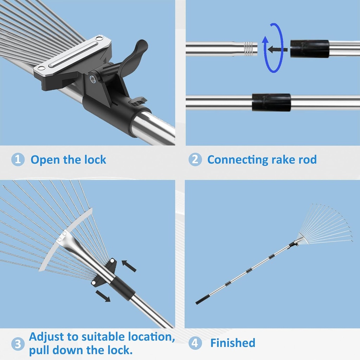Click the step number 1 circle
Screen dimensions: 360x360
click(18, 160)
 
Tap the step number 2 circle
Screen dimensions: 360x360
click(195, 160)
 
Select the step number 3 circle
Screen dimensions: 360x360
click(18, 343)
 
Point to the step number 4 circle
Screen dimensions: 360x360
click(195, 343)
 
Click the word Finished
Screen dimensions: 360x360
click(233, 343)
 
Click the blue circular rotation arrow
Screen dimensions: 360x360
click(273, 48)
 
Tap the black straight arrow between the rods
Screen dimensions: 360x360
click(277, 49)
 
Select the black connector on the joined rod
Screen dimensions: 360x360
click(271, 102)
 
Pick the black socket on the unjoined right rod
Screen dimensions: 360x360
click(309, 49)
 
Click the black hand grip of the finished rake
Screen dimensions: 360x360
click(202, 301)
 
